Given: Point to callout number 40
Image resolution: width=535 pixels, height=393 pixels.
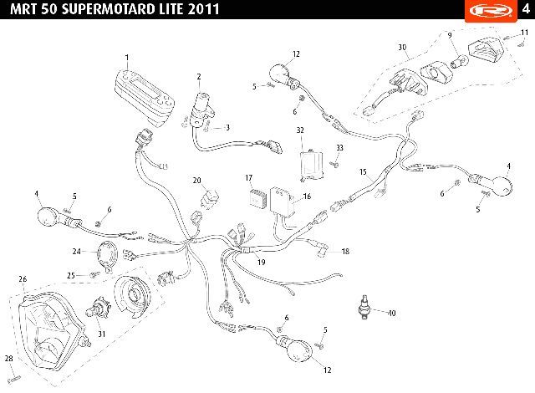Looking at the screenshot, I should click(392, 314).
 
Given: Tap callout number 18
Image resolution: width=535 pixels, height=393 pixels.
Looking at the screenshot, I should click(345, 251).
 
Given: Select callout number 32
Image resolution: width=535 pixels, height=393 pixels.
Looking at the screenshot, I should click(300, 130).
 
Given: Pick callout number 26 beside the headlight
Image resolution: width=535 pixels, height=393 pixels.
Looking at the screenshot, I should click(23, 278).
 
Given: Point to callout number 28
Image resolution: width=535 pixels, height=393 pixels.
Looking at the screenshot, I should click(9, 358).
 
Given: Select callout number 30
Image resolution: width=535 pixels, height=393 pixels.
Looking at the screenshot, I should click(402, 47).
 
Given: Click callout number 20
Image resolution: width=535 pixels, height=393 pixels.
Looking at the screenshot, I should click(197, 181).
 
